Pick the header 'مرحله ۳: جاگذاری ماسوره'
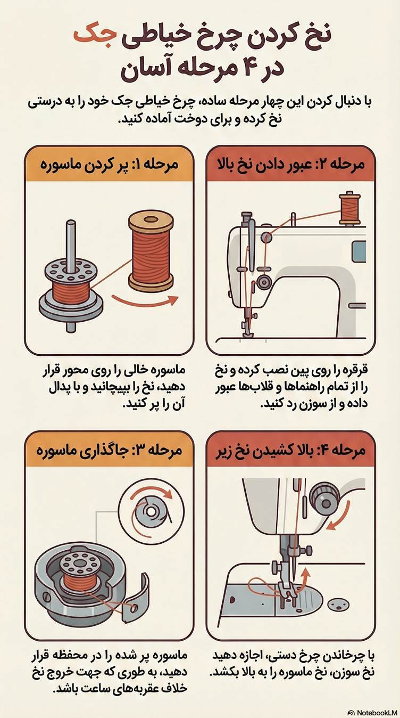click(x=110, y=450)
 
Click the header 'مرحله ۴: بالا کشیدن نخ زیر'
click(x=291, y=450)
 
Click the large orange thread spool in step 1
click(x=151, y=250)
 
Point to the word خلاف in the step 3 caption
click(x=170, y=688)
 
